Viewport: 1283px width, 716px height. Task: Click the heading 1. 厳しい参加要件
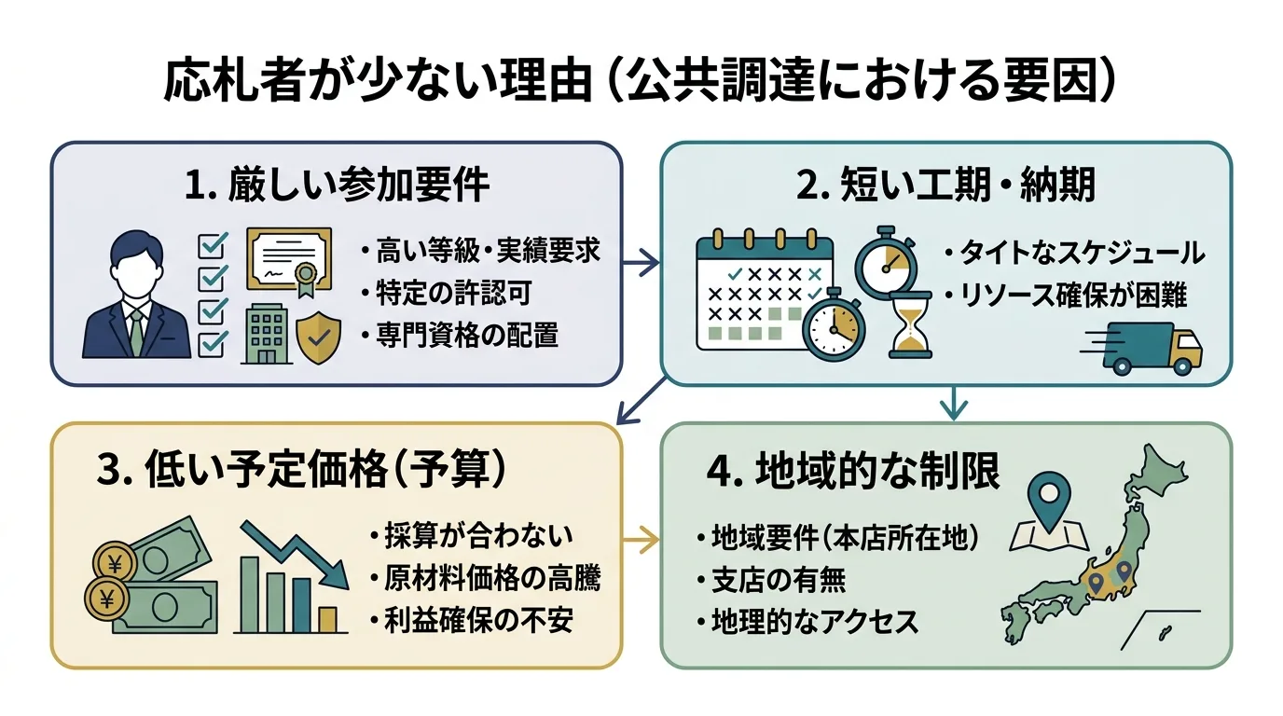click(x=337, y=186)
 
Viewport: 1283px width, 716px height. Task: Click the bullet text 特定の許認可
click(x=448, y=293)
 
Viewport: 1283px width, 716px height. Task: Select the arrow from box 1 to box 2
click(x=641, y=265)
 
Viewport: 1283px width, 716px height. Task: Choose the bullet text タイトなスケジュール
click(x=1073, y=253)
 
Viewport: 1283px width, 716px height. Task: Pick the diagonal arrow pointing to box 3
click(x=643, y=400)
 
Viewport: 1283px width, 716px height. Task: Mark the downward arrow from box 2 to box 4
click(x=953, y=402)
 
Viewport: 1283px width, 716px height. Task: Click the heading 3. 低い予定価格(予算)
click(x=303, y=471)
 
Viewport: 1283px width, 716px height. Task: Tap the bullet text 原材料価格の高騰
click(x=482, y=578)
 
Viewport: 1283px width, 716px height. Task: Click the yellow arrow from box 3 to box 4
click(x=641, y=539)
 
